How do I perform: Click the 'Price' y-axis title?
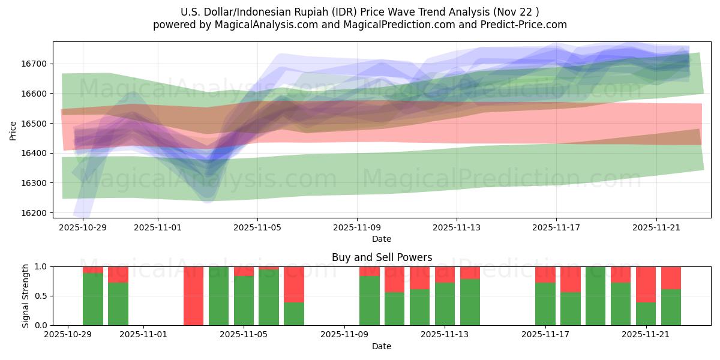click(x=13, y=130)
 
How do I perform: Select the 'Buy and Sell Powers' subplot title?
click(x=382, y=257)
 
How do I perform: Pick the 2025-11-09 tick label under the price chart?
click(x=357, y=228)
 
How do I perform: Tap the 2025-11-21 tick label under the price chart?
click(x=656, y=228)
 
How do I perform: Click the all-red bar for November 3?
click(x=193, y=296)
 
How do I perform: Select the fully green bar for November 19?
click(x=595, y=296)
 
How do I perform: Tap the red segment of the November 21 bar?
click(x=646, y=284)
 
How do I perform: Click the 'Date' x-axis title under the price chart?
click(x=382, y=239)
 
